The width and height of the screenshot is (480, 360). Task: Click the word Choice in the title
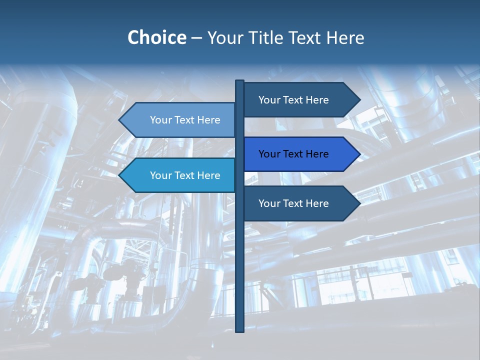(156, 37)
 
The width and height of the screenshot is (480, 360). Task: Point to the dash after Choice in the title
(196, 38)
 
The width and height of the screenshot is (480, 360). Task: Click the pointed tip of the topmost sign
(359, 100)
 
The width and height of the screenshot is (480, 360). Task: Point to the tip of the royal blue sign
(359, 154)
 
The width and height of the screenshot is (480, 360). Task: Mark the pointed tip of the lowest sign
(359, 203)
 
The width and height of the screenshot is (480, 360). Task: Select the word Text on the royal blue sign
(293, 154)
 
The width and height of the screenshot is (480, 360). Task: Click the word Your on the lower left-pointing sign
(160, 175)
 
